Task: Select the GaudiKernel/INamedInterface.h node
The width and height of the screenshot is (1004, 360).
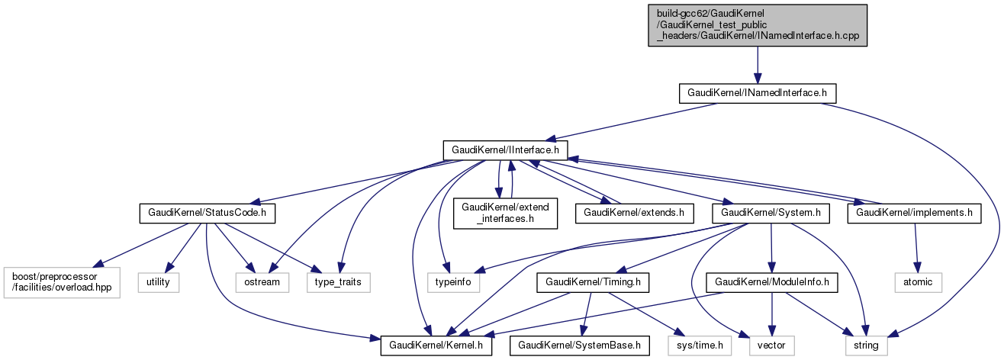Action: pos(757,93)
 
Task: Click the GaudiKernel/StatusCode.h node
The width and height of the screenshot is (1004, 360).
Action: pos(207,213)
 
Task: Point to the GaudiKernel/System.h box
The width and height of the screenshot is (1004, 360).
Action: pos(771,213)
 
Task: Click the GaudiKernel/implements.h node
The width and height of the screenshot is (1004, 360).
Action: pos(914,213)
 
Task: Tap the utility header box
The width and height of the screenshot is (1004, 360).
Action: pos(159,282)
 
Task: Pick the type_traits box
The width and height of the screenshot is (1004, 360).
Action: pos(339,282)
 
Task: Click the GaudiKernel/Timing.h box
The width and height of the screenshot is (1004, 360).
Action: pos(593,282)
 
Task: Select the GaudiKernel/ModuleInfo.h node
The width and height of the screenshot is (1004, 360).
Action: pos(773,282)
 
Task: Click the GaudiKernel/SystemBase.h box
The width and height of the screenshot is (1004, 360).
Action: pos(580,346)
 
